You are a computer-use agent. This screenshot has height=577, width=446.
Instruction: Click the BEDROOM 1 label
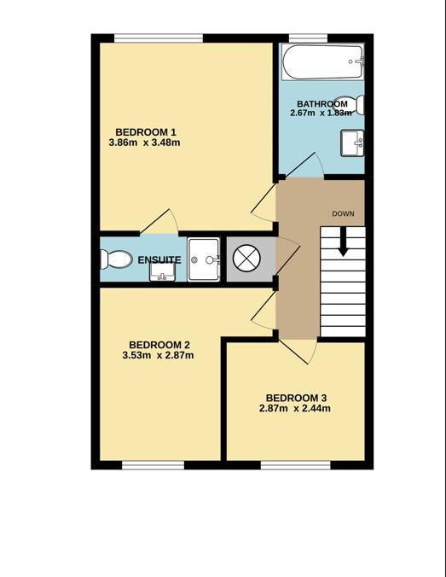point(146,131)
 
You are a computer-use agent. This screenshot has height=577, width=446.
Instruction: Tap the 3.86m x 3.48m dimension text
point(144,143)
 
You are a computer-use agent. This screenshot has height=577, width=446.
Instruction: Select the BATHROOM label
point(322,104)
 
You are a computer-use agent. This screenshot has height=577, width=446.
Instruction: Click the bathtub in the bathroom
point(323,61)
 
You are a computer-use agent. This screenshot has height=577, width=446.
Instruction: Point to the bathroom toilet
point(354,104)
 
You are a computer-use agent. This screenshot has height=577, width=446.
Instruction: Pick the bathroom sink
point(352,143)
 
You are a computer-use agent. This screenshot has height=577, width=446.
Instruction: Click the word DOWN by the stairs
point(343,213)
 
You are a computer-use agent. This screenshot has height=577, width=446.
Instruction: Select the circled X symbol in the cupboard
point(246,259)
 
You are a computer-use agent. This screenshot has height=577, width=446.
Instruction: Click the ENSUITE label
point(159,260)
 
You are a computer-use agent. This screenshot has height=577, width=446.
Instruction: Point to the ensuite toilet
point(116,259)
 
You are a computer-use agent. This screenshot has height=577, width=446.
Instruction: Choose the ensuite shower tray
point(204,259)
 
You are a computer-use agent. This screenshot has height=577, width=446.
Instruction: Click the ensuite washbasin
point(162,272)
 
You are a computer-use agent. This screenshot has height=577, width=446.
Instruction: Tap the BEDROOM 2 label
point(159,345)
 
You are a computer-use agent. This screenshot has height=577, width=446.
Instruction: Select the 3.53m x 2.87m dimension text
point(158,355)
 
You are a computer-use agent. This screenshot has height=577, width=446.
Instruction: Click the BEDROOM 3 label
point(296,398)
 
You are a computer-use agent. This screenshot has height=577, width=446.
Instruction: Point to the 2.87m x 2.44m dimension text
point(295,409)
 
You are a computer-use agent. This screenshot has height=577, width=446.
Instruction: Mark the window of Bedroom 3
point(296,465)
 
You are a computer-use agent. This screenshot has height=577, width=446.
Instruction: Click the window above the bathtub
point(308,38)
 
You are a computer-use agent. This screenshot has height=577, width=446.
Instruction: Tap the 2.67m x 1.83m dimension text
point(321,113)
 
